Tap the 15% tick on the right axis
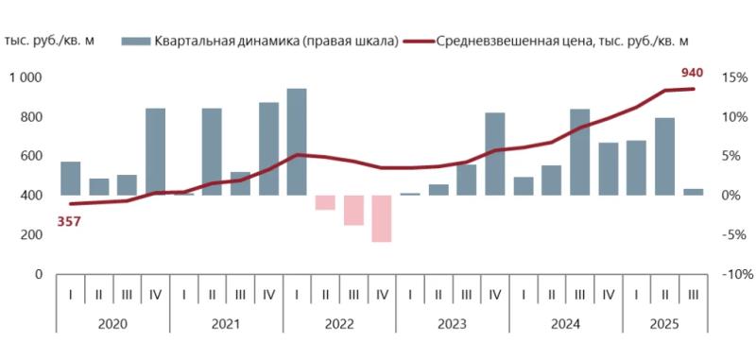tap(732, 78)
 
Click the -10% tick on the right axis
tap(734, 275)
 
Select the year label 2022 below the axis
tap(339, 323)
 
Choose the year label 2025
tap(665, 323)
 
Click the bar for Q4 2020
tap(155, 151)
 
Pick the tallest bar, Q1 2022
tap(297, 142)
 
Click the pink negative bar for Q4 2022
tap(382, 218)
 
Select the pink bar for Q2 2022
tap(325, 202)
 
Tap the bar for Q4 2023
tap(495, 154)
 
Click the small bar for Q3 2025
tap(694, 192)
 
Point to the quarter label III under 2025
tap(694, 295)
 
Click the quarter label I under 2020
tap(70, 295)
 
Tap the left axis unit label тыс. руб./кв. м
tap(49, 41)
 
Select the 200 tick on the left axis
tap(33, 235)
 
